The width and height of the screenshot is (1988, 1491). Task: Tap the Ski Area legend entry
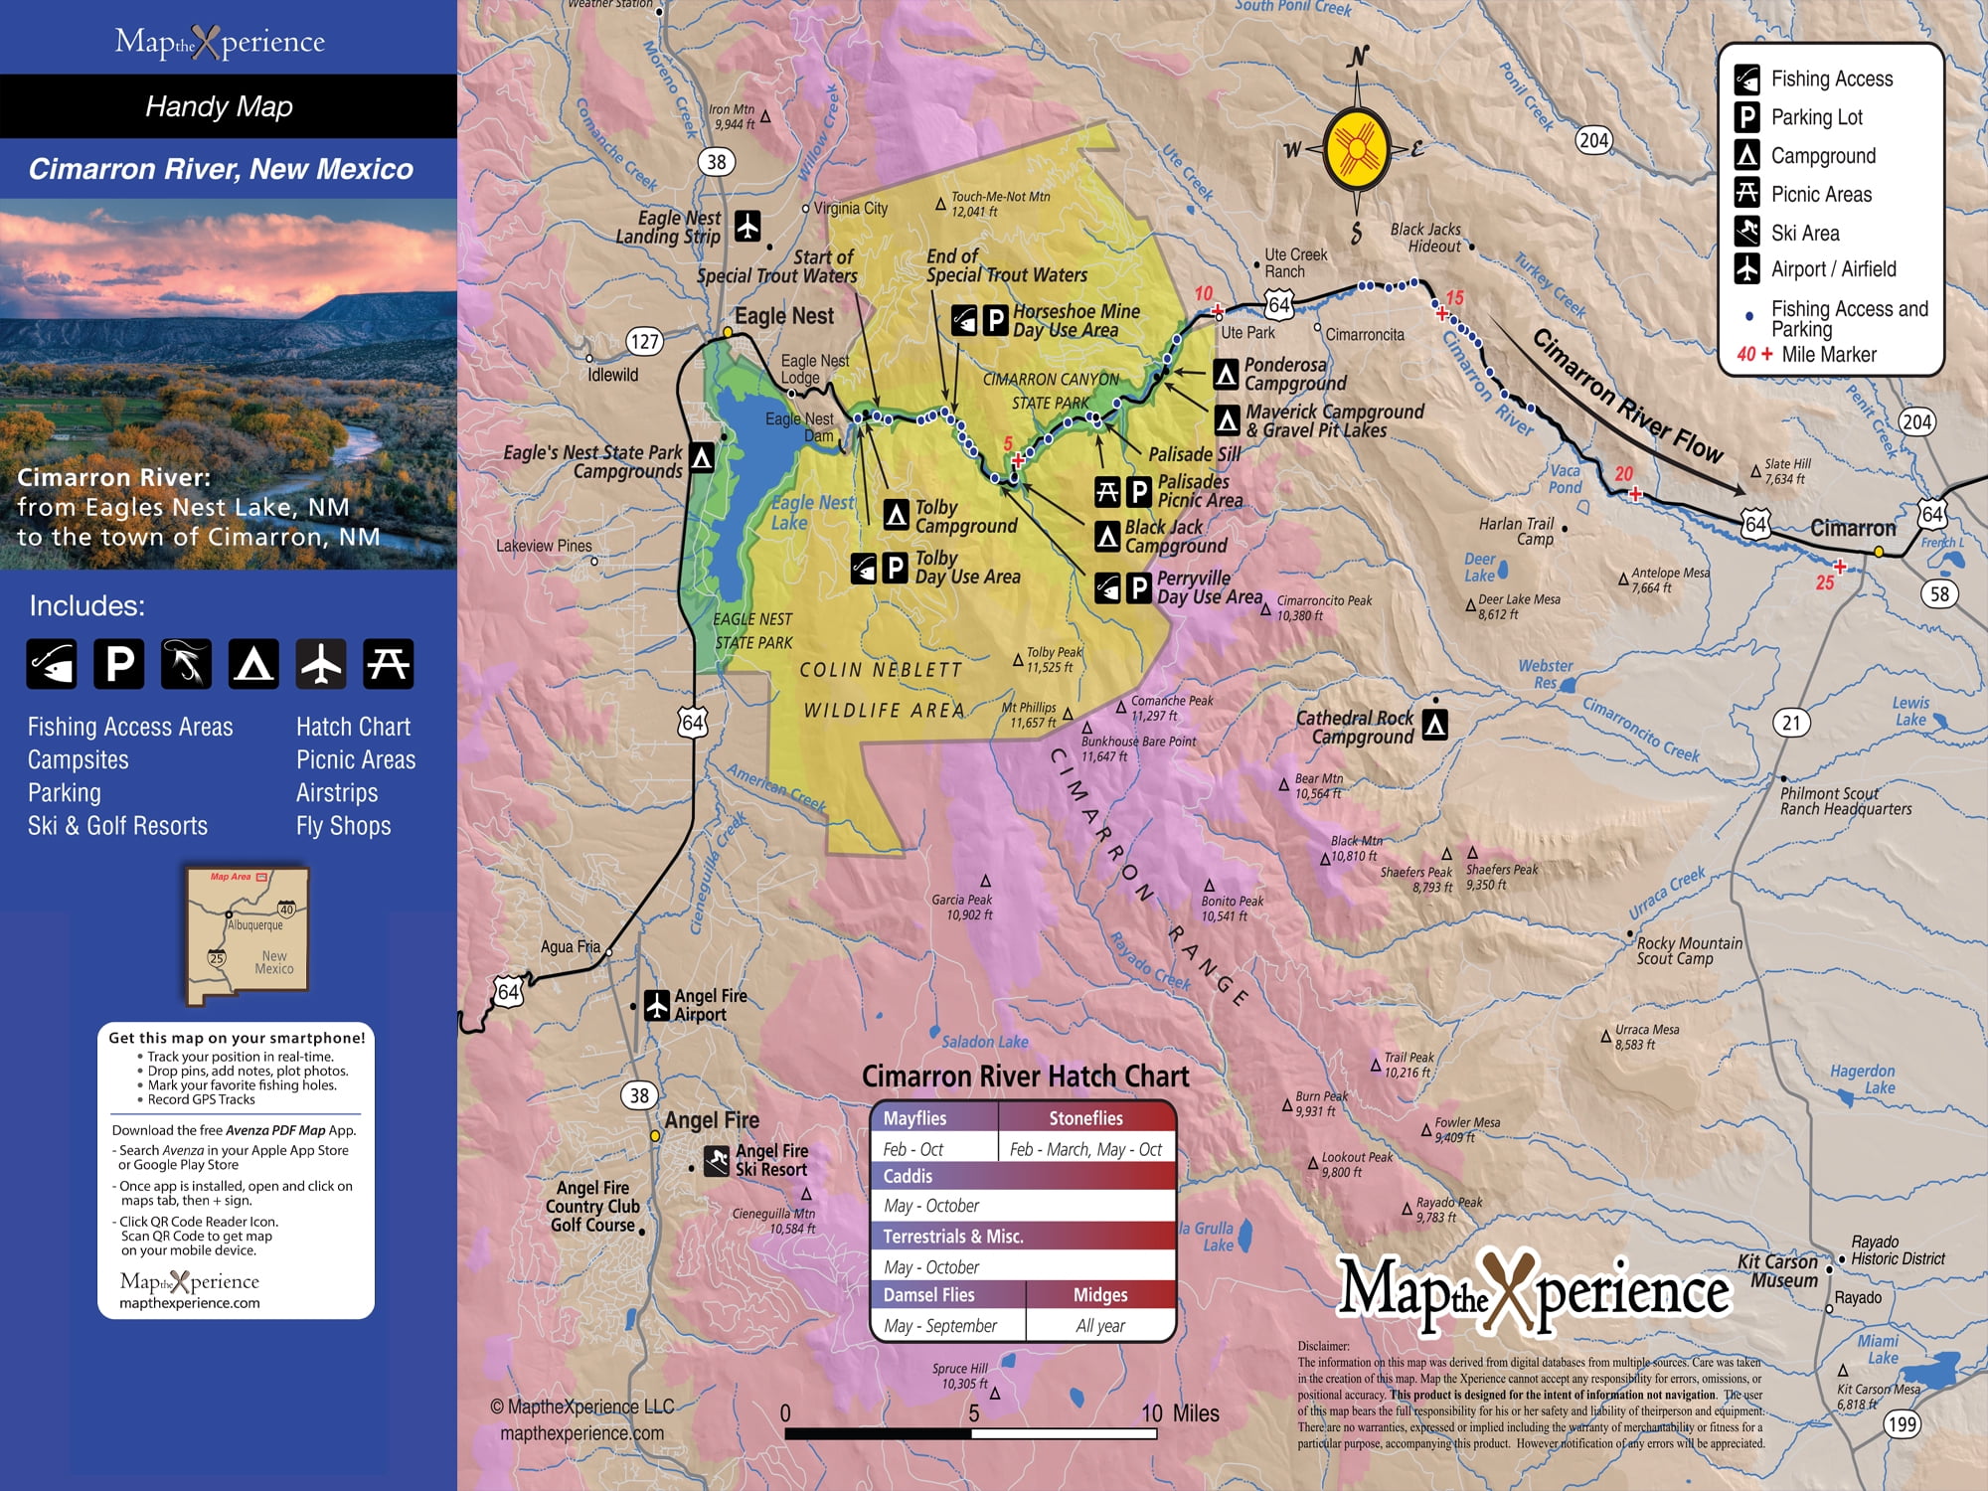click(x=1805, y=233)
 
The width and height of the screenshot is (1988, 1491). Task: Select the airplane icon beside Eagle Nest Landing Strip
click(x=747, y=226)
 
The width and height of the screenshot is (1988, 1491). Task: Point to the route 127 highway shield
click(x=644, y=342)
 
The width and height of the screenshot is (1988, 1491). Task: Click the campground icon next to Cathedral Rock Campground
click(x=1434, y=726)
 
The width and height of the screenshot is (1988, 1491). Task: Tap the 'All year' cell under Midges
click(x=1100, y=1325)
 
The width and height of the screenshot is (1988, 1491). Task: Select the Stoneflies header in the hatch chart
click(x=1085, y=1118)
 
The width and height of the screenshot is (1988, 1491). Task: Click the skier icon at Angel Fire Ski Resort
click(x=717, y=1160)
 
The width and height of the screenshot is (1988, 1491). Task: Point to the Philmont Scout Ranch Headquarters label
click(x=1845, y=801)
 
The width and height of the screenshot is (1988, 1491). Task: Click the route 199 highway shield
click(x=1902, y=1423)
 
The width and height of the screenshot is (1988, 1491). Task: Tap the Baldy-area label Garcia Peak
click(x=962, y=907)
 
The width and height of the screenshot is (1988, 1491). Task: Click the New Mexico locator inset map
click(x=247, y=934)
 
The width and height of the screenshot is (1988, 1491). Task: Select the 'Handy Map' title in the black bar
click(x=219, y=106)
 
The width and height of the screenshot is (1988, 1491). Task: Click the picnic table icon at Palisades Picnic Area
click(x=1107, y=491)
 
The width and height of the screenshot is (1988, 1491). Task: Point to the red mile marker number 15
click(x=1455, y=298)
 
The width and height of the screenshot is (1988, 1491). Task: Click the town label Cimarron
click(x=1853, y=529)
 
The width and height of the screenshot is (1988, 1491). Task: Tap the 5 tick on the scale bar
click(x=973, y=1413)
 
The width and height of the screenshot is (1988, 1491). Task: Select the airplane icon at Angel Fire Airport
click(x=656, y=1005)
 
